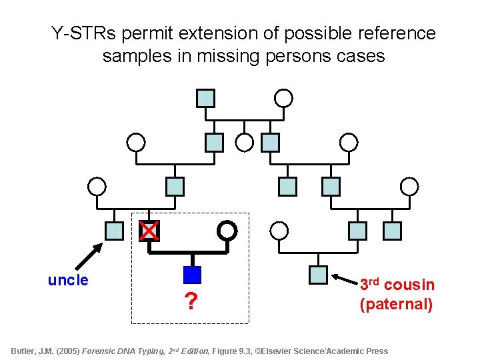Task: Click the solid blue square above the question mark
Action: [192, 275]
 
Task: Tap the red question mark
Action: [191, 302]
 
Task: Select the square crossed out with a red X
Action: [149, 231]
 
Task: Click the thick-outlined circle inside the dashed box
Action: [227, 230]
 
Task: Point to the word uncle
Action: [68, 280]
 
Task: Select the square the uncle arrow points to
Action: [115, 231]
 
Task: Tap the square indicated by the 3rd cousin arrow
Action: [319, 275]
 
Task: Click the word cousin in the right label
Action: [409, 285]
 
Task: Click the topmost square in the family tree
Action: [205, 98]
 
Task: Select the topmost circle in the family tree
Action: [284, 98]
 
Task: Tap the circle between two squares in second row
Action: [245, 142]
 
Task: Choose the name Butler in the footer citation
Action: [26, 351]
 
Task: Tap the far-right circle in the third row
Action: [409, 186]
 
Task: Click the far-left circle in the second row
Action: [135, 142]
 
